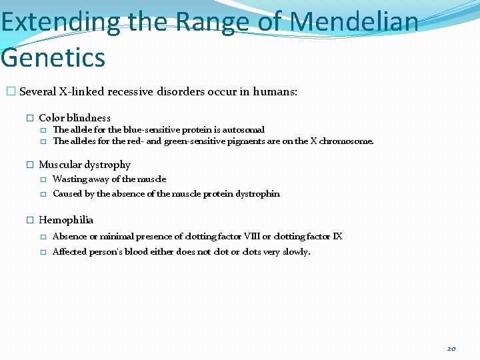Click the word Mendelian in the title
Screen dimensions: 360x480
pyautogui.click(x=355, y=22)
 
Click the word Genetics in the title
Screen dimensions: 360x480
pyautogui.click(x=53, y=57)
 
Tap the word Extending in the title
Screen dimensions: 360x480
pyautogui.click(x=60, y=22)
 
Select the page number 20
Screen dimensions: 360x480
pyautogui.click(x=451, y=348)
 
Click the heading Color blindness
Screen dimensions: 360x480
pyautogui.click(x=75, y=118)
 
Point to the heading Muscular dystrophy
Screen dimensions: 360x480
pyautogui.click(x=85, y=165)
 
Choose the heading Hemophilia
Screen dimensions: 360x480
pyautogui.click(x=66, y=220)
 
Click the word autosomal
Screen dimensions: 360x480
pyautogui.click(x=244, y=130)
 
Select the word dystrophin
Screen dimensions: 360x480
pyautogui.click(x=259, y=194)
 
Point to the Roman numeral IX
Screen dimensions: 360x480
pyautogui.click(x=337, y=237)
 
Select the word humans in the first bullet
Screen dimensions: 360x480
pyautogui.click(x=274, y=92)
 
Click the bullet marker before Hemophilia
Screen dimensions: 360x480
pyautogui.click(x=29, y=220)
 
